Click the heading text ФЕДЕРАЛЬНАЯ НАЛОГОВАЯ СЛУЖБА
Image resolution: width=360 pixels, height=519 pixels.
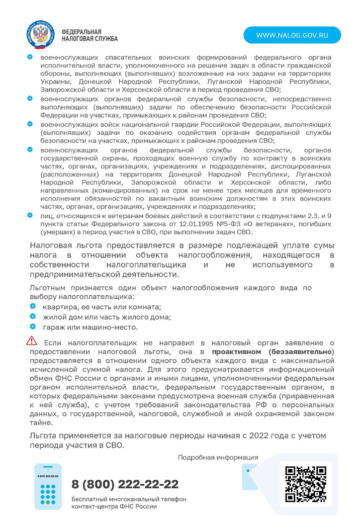pos(89,35)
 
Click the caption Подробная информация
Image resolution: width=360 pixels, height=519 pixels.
pos(218,457)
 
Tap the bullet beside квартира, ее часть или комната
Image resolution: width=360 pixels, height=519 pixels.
pos(33,306)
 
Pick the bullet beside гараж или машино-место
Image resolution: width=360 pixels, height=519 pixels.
pos(33,326)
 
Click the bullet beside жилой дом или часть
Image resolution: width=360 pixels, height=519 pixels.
pos(33,316)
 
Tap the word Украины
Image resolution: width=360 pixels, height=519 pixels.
pos(54,81)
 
